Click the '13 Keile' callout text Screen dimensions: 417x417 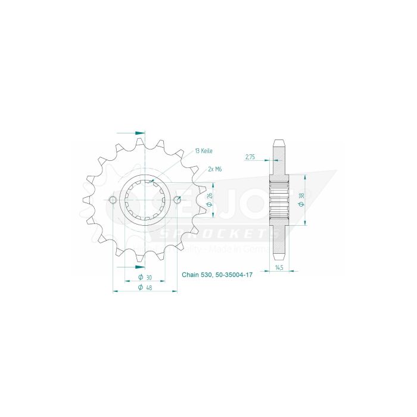[203, 151]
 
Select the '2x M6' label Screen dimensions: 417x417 [215, 170]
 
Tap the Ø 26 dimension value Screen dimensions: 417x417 [209, 200]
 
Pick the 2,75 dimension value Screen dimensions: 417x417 [250, 157]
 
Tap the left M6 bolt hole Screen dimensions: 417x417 [113, 200]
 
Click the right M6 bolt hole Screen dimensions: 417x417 [176, 200]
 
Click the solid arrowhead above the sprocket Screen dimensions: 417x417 [140, 132]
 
